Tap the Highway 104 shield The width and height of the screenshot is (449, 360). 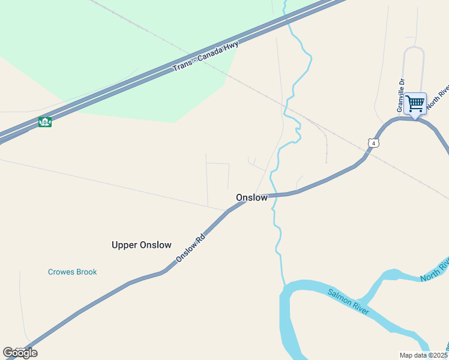coord(44,122)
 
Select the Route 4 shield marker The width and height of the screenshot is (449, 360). coord(373,143)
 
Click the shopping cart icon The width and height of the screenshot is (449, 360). coord(415,103)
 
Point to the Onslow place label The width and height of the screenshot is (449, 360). coord(252,197)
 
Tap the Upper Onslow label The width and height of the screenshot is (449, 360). coord(142,245)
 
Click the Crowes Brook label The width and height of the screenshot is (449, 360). coord(72,272)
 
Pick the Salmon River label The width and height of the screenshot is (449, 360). coord(348,301)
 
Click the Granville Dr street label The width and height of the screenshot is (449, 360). coord(401,95)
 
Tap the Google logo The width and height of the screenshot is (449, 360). coord(20,353)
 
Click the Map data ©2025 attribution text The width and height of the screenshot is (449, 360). coord(424,355)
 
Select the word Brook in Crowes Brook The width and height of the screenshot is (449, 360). coord(86,272)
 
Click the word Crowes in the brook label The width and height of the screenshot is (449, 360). coord(61,272)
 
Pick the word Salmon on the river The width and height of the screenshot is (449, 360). coord(340,297)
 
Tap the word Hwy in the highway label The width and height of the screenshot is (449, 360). coord(232,46)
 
